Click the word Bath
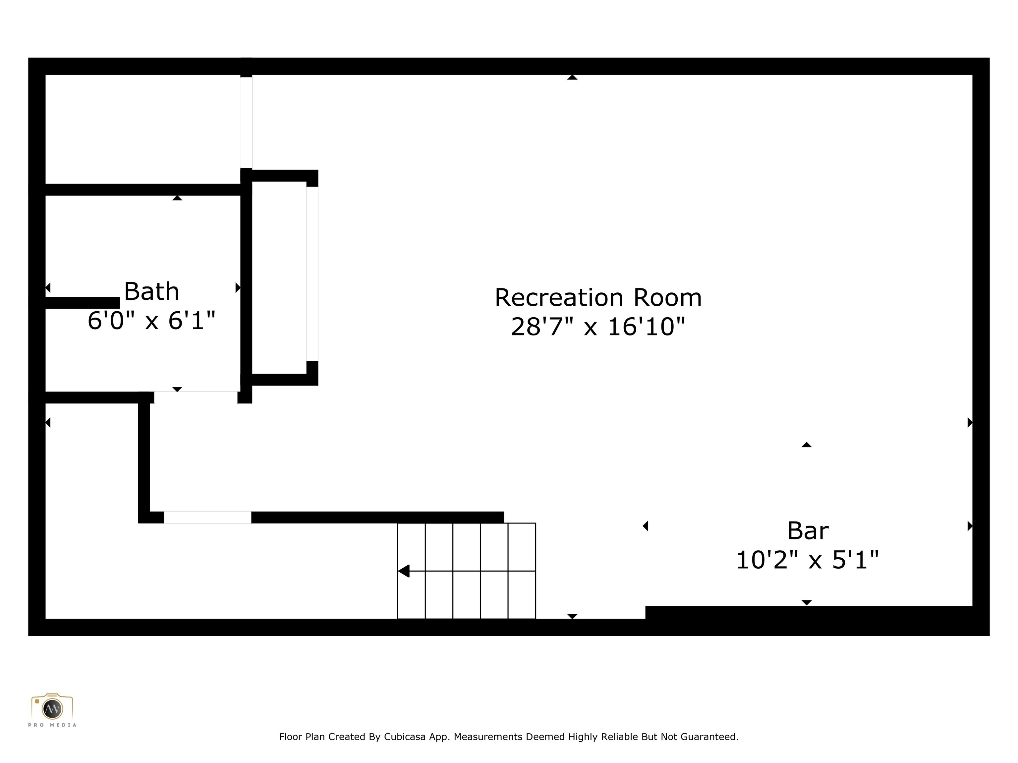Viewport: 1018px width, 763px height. click(x=151, y=291)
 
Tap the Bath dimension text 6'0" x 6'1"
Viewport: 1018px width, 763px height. click(x=151, y=321)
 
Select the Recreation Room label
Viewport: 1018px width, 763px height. click(x=598, y=298)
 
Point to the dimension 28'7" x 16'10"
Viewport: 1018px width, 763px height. click(x=598, y=327)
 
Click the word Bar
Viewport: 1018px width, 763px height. click(x=808, y=531)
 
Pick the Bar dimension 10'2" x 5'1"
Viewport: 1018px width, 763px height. click(x=808, y=560)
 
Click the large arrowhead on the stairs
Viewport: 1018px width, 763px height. click(x=404, y=571)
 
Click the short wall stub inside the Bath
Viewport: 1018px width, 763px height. click(x=83, y=303)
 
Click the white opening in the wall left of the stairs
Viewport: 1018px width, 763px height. click(x=207, y=517)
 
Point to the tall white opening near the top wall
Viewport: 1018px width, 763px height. click(x=246, y=122)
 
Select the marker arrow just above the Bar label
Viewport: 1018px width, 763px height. click(x=806, y=445)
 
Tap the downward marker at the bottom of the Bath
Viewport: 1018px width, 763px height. click(x=177, y=389)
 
